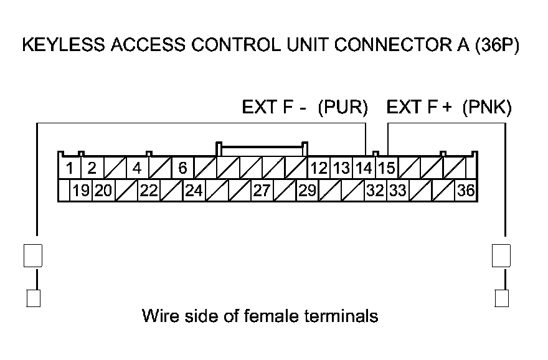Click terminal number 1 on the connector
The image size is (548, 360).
point(70,168)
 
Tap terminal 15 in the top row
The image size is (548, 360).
point(386,168)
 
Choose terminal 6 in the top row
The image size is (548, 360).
point(182,168)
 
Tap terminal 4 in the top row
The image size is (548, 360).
point(137,168)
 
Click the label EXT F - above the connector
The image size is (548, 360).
point(274,108)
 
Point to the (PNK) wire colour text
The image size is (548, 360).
point(487,108)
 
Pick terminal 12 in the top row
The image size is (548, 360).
point(319,168)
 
